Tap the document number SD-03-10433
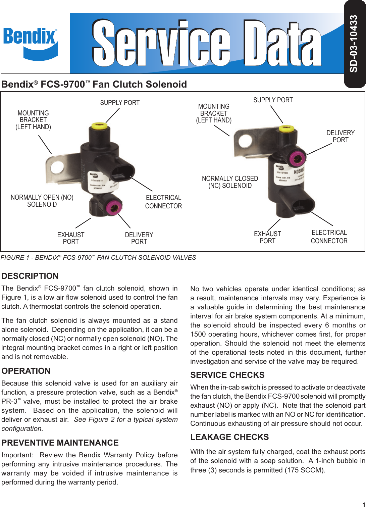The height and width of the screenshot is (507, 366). tap(354, 44)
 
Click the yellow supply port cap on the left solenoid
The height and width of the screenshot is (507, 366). tap(99, 126)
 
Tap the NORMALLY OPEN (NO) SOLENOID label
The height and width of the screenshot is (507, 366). tap(42, 201)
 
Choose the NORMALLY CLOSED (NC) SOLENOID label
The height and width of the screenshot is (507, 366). tap(230, 182)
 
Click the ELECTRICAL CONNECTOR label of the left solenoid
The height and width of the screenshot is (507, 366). tap(163, 202)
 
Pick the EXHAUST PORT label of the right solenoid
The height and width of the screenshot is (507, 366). tap(267, 237)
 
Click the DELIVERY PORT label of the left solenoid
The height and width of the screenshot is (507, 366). tap(139, 238)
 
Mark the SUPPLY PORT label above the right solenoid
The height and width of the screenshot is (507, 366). tap(273, 100)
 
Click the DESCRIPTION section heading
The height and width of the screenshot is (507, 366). tap(30, 276)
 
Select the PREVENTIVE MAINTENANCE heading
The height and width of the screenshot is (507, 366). tap(60, 443)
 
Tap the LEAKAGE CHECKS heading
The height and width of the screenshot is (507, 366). tap(229, 437)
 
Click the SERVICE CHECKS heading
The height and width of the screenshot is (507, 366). tap(227, 375)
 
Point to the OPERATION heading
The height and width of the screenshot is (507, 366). tap(26, 371)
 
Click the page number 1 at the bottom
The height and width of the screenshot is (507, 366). tap(363, 503)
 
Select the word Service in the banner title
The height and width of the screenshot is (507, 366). tap(161, 44)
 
